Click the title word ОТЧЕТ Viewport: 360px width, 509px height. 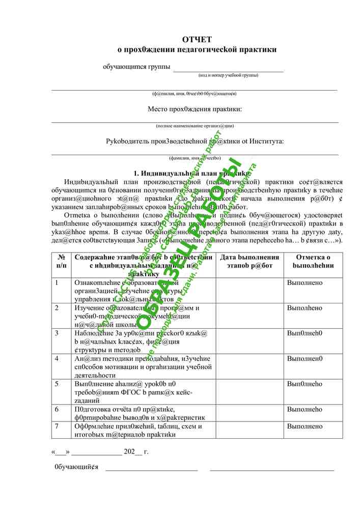197,39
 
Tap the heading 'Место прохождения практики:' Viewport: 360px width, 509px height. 195,109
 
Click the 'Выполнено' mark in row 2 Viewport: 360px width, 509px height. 304,308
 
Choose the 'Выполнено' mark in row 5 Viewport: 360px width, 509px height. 304,384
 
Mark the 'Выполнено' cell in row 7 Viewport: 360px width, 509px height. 304,426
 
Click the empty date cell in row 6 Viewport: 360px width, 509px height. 250,413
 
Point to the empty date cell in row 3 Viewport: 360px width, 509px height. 250,341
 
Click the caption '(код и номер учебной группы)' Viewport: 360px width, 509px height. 228,75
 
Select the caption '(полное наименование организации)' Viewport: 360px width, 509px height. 195,126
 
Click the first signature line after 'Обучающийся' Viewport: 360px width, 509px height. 151,467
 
